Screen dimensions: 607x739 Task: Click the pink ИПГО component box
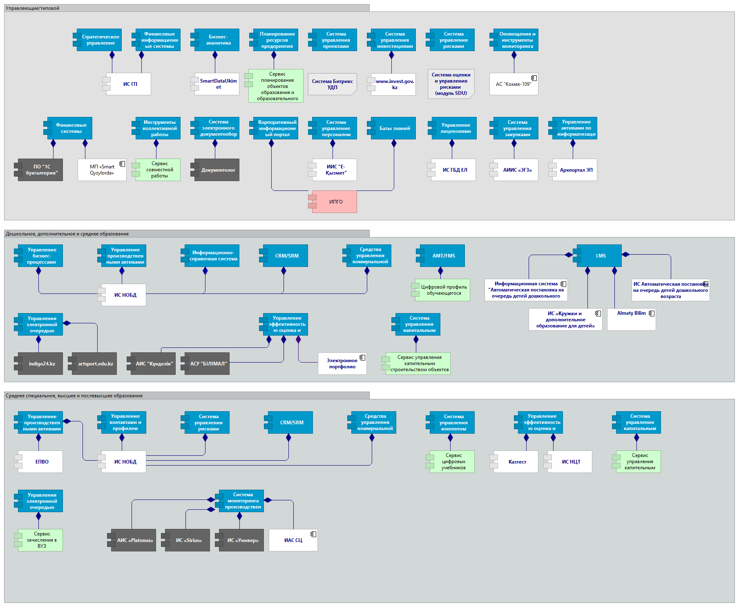coord(334,202)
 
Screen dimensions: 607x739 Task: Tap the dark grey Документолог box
coord(217,170)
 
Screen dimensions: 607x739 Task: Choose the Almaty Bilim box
coord(631,319)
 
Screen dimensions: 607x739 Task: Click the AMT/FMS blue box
coord(442,256)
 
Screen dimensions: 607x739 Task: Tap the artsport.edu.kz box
coord(94,364)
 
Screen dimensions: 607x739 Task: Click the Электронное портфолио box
coord(342,364)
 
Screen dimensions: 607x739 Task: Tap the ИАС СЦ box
coord(293,540)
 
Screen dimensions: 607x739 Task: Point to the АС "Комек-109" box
coord(514,84)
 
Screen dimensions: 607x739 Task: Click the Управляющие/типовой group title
coord(33,8)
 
